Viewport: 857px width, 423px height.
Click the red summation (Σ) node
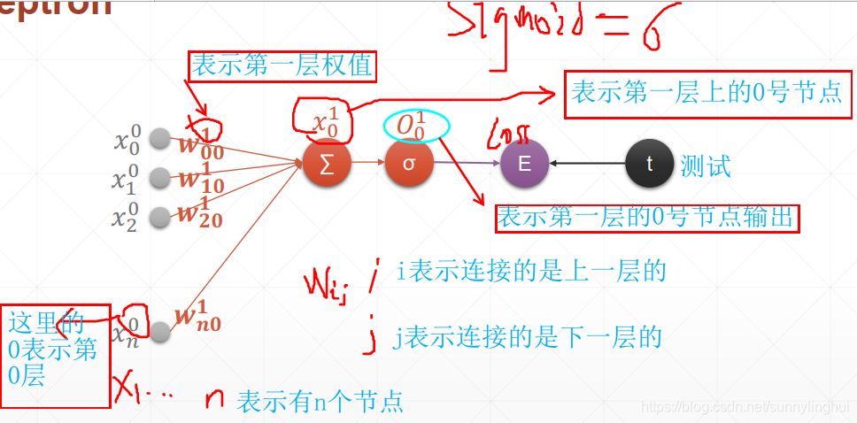[x=327, y=164]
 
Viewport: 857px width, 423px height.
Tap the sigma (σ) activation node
[x=409, y=164]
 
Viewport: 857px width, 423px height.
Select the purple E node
[x=524, y=164]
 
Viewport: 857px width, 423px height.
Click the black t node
[x=650, y=164]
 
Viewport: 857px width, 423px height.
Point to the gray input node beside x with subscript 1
[x=159, y=178]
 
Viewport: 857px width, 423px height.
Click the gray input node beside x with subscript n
[x=159, y=331]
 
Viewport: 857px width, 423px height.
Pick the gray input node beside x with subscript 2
[x=159, y=216]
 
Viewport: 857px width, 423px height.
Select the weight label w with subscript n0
[x=198, y=319]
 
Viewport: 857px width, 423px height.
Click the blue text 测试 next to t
[x=706, y=165]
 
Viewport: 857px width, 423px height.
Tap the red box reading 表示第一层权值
[x=282, y=65]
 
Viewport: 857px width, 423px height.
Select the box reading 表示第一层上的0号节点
[x=706, y=93]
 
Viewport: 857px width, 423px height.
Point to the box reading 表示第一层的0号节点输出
[x=647, y=217]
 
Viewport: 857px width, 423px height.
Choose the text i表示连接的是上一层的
[x=530, y=272]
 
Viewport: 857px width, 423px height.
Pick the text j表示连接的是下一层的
[x=529, y=337]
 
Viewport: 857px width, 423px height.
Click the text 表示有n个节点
[x=320, y=402]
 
